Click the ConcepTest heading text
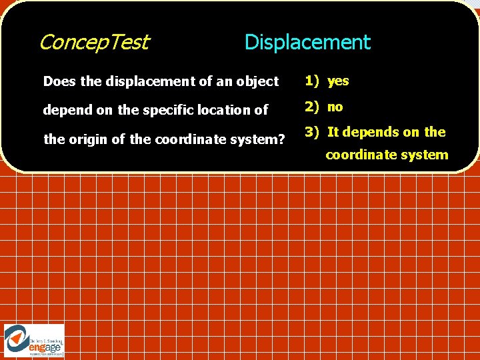click(x=94, y=43)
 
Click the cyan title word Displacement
click(x=307, y=43)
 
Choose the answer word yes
click(x=338, y=81)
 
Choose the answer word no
click(x=335, y=107)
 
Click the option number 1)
click(x=312, y=81)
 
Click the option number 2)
click(x=312, y=107)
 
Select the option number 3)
click(x=312, y=132)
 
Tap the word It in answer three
click(x=333, y=132)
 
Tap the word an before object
click(x=223, y=81)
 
